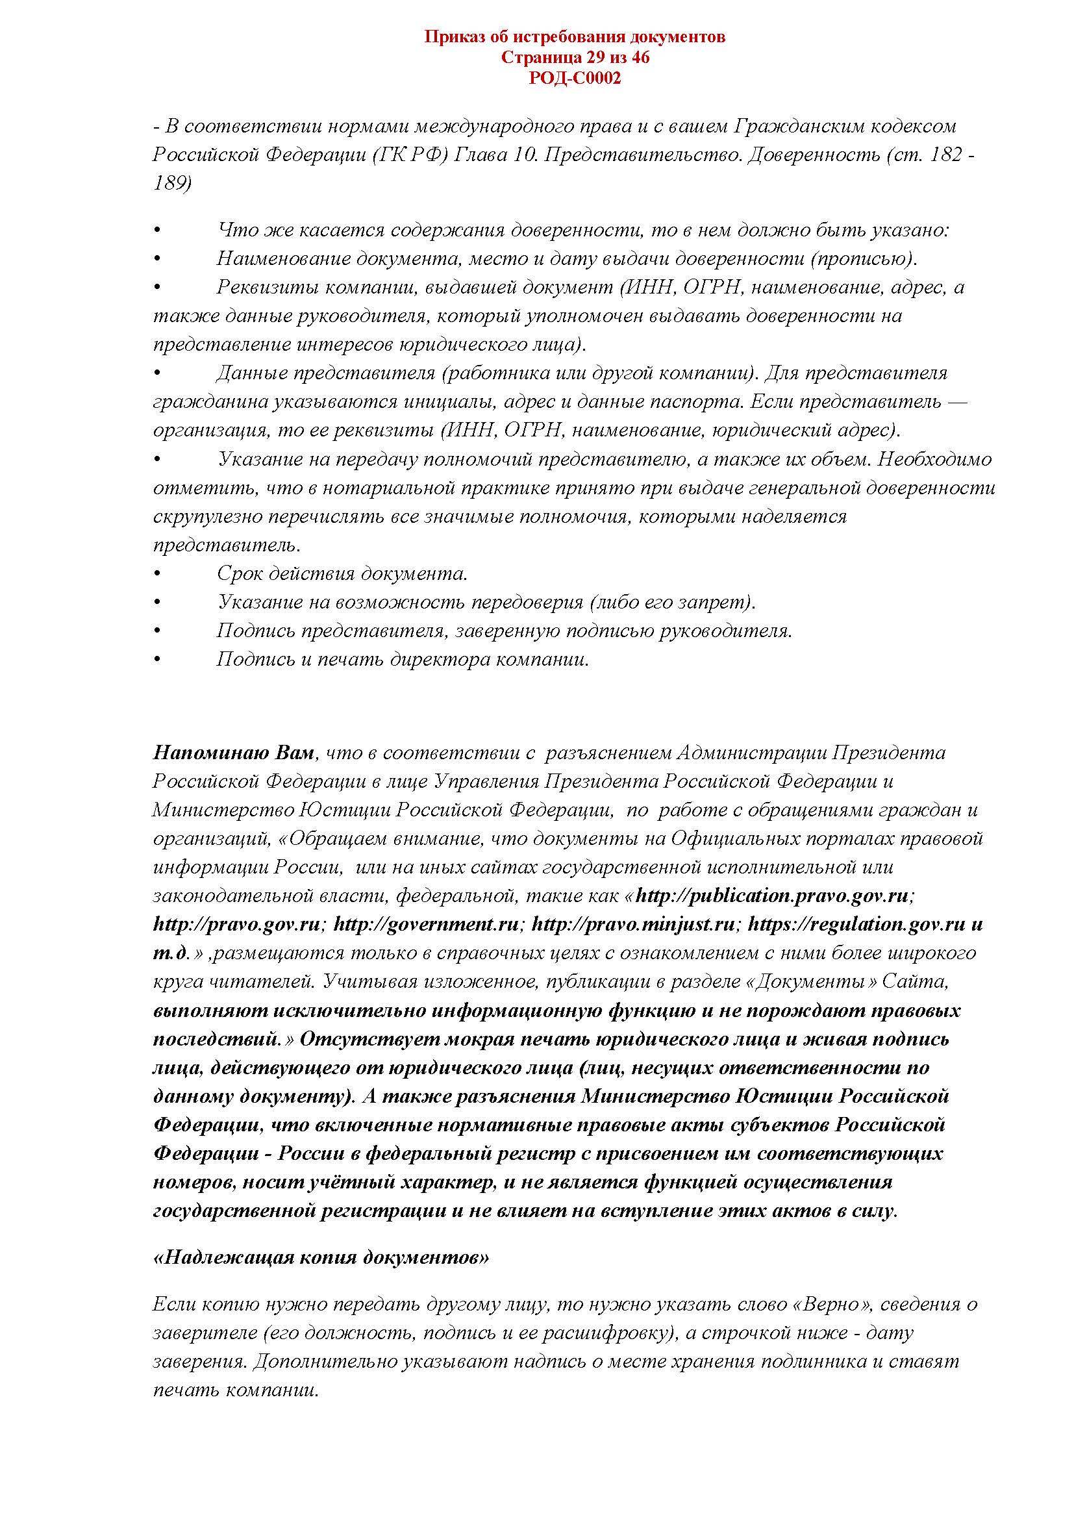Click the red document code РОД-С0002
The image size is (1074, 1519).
click(575, 79)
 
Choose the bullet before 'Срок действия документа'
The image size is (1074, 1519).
click(157, 574)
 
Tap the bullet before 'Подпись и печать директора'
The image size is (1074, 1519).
click(157, 660)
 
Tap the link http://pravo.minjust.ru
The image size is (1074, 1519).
click(634, 925)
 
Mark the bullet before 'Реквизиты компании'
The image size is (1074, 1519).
click(157, 288)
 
